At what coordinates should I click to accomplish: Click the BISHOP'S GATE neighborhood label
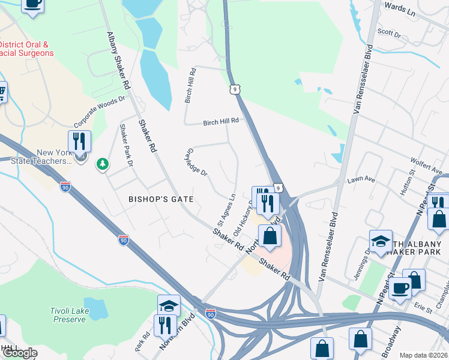(x=161, y=199)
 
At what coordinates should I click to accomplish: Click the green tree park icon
(x=103, y=163)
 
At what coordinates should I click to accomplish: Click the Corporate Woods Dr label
(x=100, y=112)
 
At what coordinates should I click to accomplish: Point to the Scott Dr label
(x=388, y=32)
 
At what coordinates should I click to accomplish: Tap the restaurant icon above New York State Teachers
(x=79, y=142)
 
